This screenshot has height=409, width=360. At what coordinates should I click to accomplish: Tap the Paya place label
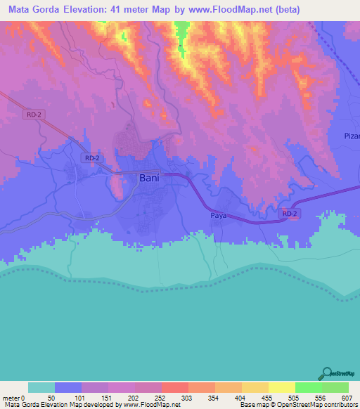tap(218, 216)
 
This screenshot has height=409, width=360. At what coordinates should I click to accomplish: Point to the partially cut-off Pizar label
tap(352, 136)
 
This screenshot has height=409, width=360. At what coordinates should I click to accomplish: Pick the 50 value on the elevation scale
tap(51, 397)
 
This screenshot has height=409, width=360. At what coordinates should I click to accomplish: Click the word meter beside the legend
tap(11, 397)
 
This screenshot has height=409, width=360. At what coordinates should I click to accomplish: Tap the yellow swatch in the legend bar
tap(281, 387)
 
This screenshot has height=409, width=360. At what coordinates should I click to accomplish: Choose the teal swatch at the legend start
tap(41, 387)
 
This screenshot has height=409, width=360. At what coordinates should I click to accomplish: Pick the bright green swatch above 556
tap(308, 387)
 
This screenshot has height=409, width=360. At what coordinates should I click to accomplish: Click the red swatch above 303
tap(174, 387)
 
